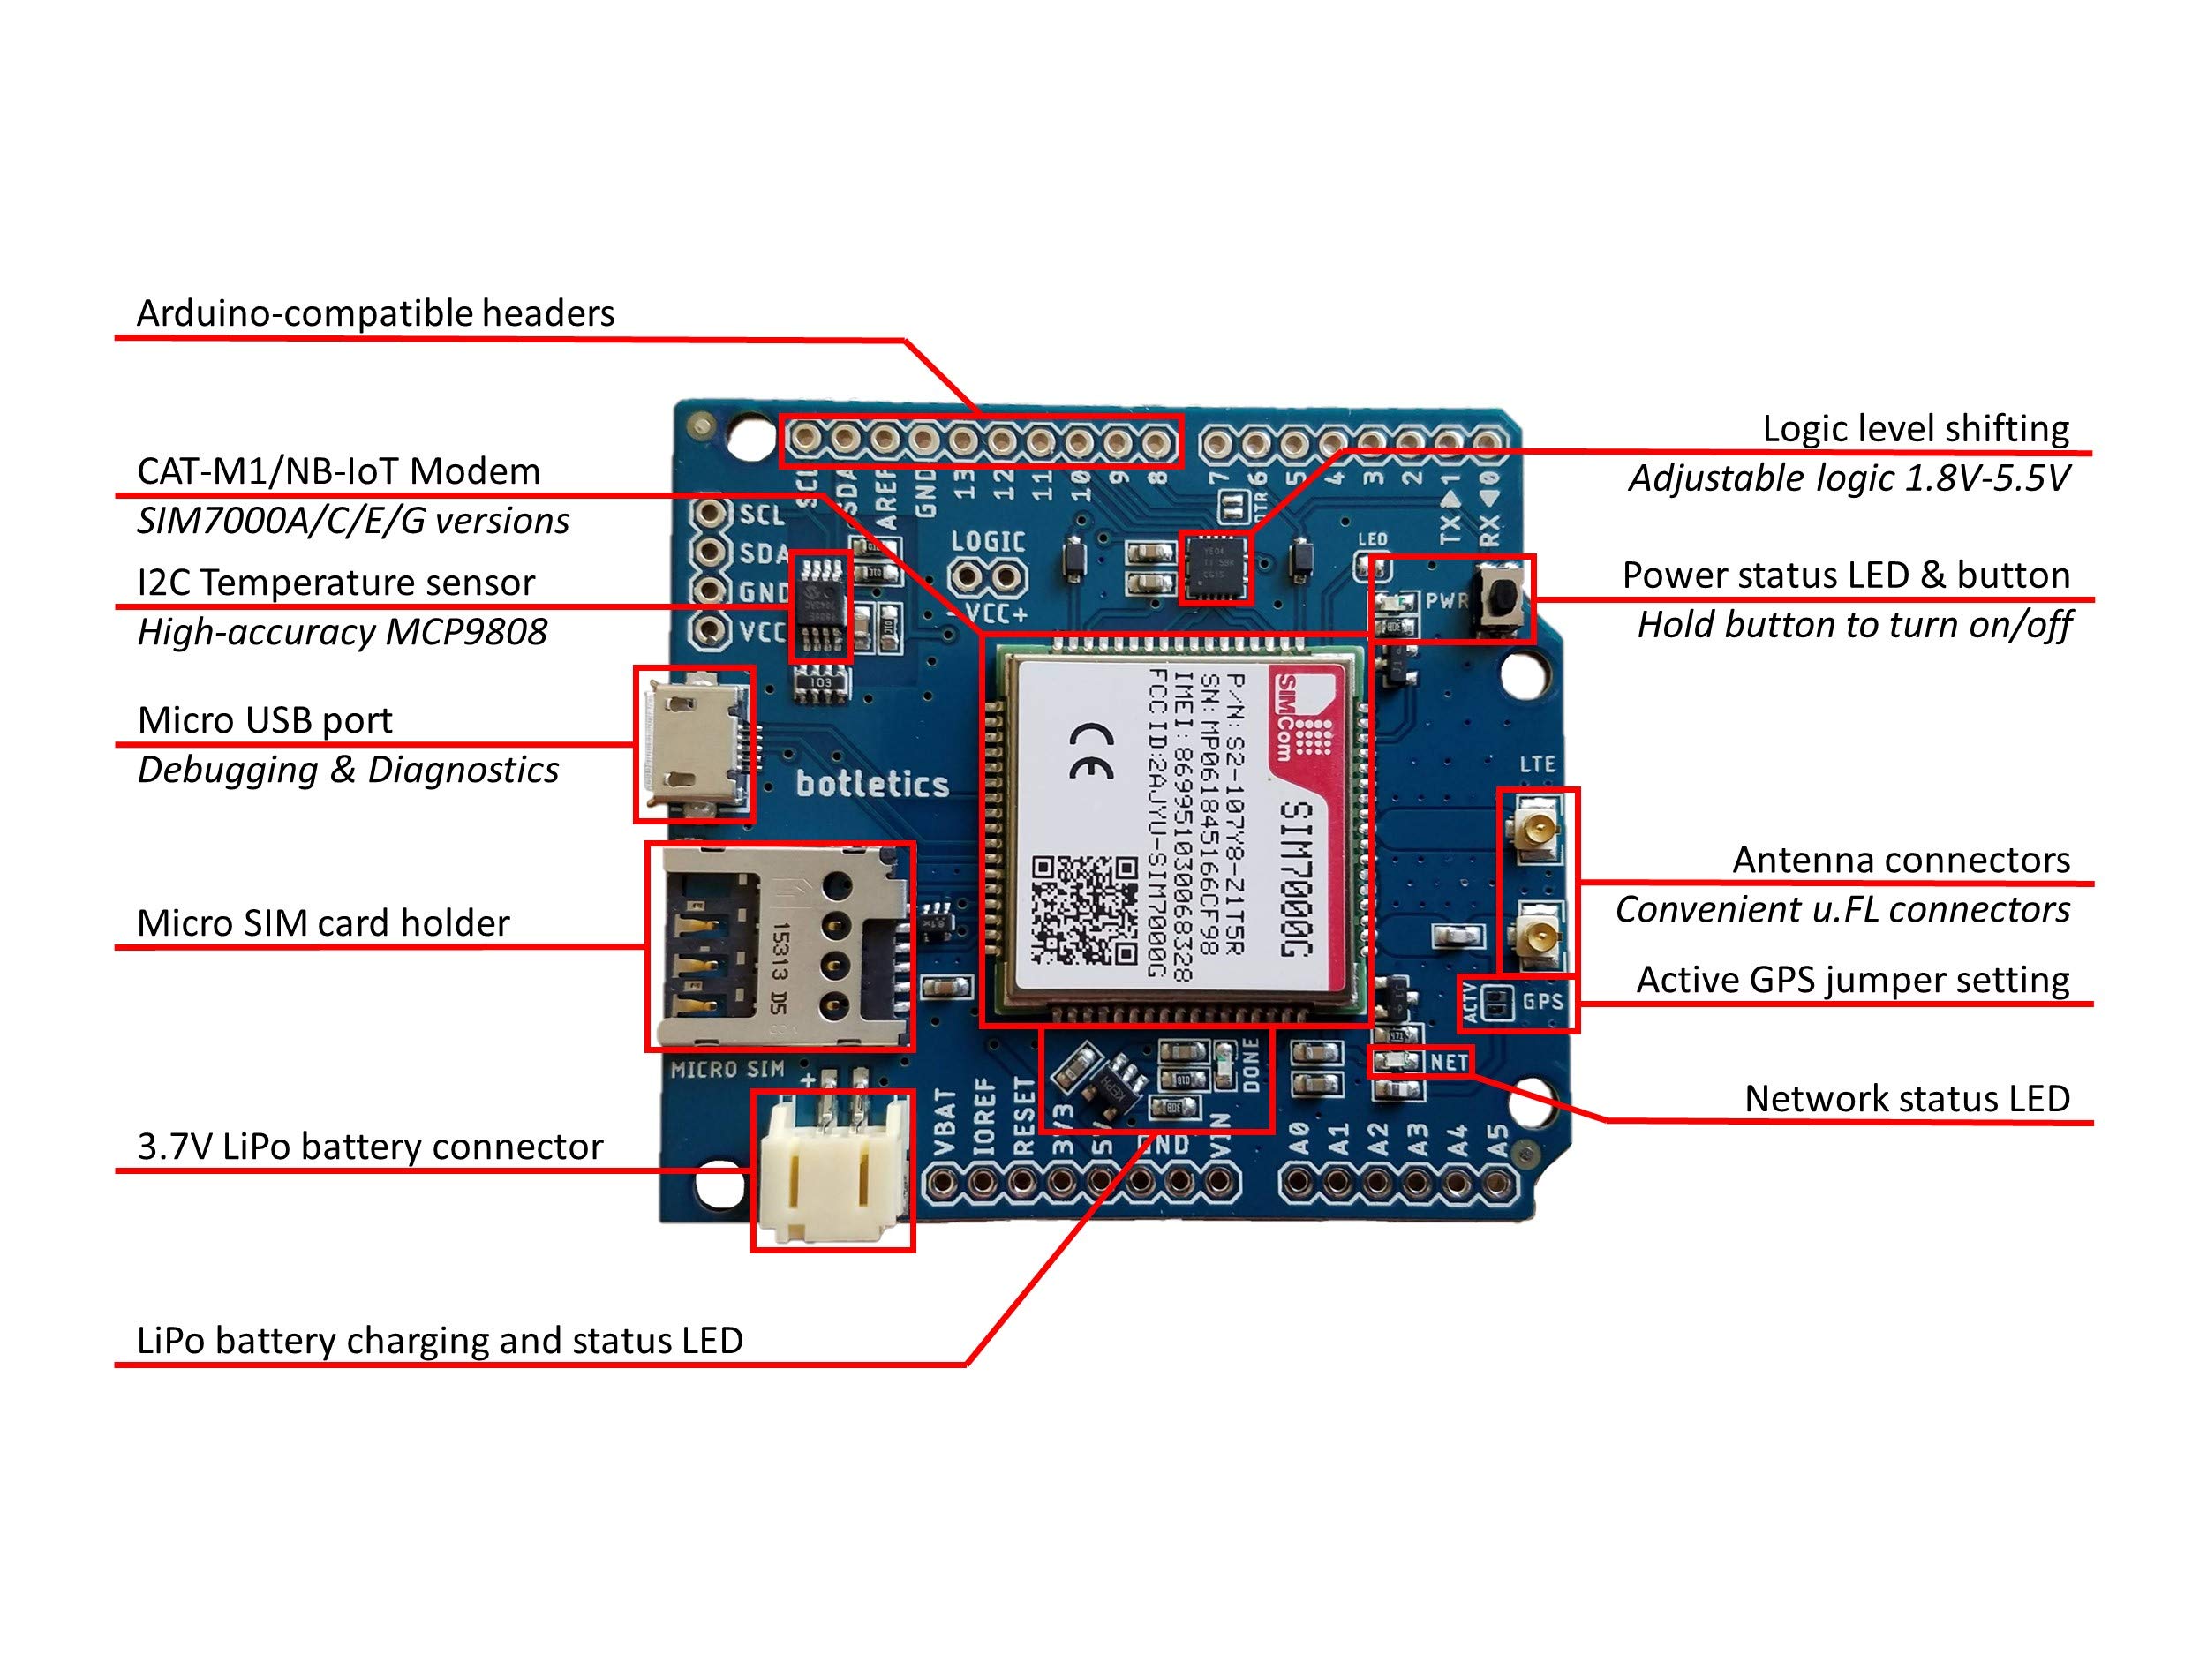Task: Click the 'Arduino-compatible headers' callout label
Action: click(375, 313)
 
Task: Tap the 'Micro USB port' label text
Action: click(265, 719)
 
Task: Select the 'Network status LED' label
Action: click(1907, 1098)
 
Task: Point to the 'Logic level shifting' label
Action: click(1915, 428)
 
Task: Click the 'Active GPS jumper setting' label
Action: click(1853, 980)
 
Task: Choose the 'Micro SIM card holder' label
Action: click(322, 922)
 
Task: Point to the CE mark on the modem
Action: click(1091, 750)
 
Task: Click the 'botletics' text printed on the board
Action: click(872, 784)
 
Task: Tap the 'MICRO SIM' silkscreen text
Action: click(727, 1071)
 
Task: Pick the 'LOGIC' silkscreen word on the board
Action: click(988, 542)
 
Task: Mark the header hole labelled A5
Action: click(1495, 1185)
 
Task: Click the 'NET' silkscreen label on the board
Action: click(1448, 1063)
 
